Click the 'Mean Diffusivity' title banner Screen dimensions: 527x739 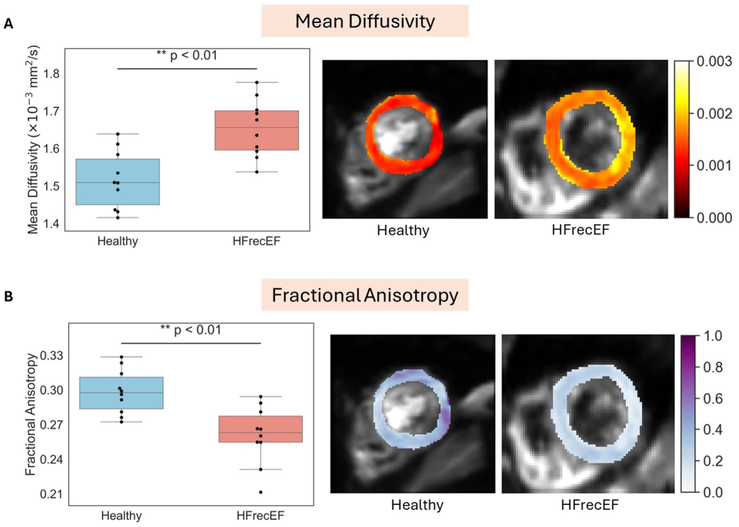pyautogui.click(x=365, y=21)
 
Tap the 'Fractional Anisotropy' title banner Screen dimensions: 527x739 pyautogui.click(x=365, y=295)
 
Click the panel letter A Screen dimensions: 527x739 pyautogui.click(x=8, y=24)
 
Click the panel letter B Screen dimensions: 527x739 pyautogui.click(x=8, y=297)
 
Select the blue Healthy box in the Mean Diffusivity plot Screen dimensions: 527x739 pyautogui.click(x=118, y=182)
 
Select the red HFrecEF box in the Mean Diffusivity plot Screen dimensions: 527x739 pyautogui.click(x=256, y=130)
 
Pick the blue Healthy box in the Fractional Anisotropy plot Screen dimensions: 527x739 pyautogui.click(x=121, y=393)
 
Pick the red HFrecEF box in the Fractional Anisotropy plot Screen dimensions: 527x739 pyautogui.click(x=260, y=429)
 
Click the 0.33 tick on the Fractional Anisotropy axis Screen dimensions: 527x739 pyautogui.click(x=52, y=356)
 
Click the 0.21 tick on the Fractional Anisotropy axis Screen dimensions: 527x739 pyautogui.click(x=52, y=494)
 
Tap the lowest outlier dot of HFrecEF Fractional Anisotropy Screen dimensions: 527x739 pyautogui.click(x=260, y=492)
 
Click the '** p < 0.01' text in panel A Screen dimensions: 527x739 pyautogui.click(x=187, y=56)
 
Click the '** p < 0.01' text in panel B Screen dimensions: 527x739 pyautogui.click(x=191, y=330)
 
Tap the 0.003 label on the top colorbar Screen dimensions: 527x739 pyautogui.click(x=714, y=62)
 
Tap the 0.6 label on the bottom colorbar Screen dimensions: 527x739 pyautogui.click(x=712, y=399)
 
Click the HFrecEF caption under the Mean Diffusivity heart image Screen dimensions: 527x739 pyautogui.click(x=580, y=230)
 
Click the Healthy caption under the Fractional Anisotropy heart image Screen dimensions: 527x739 pyautogui.click(x=417, y=505)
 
